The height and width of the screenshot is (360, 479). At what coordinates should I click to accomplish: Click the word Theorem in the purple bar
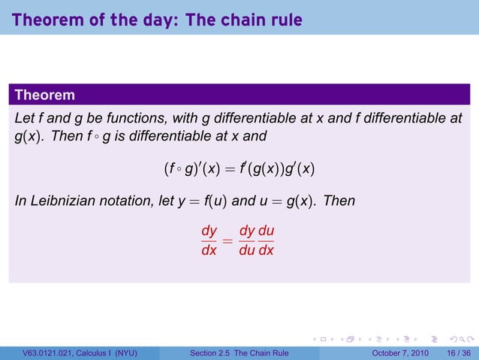tap(44, 95)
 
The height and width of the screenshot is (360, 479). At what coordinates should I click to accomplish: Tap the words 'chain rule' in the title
tap(258, 19)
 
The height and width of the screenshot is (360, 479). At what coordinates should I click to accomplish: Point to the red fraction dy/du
tap(247, 241)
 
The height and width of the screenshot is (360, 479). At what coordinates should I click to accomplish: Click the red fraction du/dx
tap(267, 241)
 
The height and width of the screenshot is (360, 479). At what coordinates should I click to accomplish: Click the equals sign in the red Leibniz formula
tap(227, 242)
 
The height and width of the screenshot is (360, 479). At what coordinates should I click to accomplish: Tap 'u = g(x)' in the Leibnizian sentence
tap(288, 201)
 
